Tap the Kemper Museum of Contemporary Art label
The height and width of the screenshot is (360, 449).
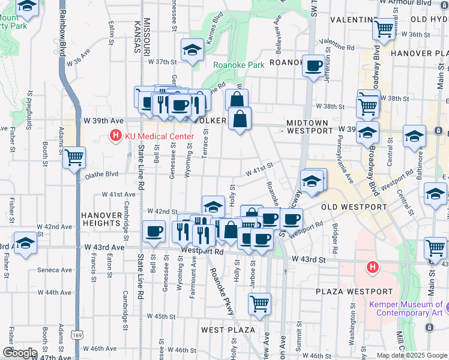(406, 308)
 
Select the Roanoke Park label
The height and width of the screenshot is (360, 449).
(238, 65)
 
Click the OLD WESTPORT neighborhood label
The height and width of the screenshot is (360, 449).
(354, 207)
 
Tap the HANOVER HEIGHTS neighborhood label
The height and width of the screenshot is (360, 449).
(101, 219)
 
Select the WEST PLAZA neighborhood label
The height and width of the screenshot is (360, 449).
(228, 330)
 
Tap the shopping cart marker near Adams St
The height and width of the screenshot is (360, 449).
(74, 158)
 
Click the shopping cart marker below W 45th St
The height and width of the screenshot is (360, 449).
(259, 304)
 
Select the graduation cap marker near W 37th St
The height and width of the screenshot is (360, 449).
(192, 50)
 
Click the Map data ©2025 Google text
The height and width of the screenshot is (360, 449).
(411, 355)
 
